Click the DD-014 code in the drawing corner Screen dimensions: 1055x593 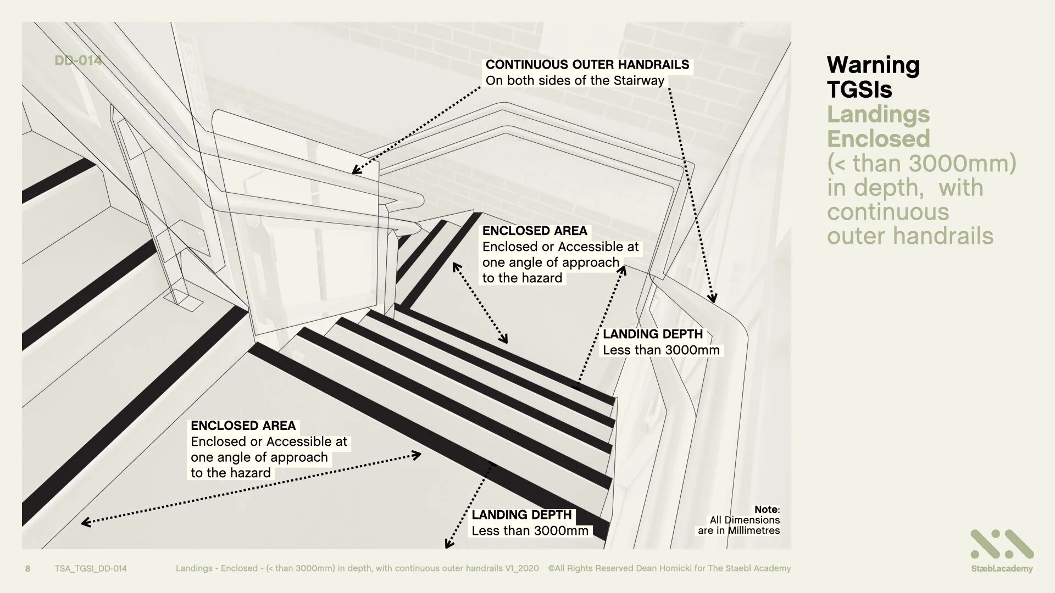(78, 60)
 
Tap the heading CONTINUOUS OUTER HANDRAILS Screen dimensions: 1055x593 (587, 65)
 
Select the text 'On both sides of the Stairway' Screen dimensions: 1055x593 (575, 81)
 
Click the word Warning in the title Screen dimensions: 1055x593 (873, 65)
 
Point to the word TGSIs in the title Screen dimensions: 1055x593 (859, 89)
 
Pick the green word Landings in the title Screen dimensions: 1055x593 (878, 114)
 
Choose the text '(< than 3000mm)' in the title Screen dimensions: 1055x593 (921, 163)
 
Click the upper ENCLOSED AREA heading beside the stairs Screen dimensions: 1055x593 (534, 231)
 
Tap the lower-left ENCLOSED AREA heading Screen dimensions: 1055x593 (243, 426)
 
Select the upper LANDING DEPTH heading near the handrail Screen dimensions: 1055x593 (652, 334)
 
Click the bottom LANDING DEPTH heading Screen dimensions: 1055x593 (521, 514)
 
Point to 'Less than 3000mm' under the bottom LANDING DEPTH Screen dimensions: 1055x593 (530, 531)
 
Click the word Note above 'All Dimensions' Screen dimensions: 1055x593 (766, 510)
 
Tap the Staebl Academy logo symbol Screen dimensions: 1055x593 (1002, 544)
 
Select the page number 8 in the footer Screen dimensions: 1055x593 (28, 568)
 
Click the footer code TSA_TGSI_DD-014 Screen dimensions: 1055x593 (91, 568)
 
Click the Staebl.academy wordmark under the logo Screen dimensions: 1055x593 (1002, 569)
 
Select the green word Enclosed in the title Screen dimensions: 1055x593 (878, 139)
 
